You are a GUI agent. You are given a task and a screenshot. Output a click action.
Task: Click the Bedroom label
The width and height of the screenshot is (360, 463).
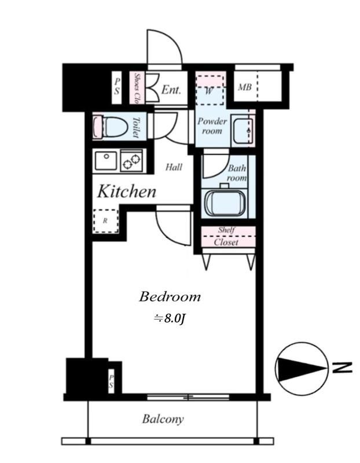click(x=170, y=296)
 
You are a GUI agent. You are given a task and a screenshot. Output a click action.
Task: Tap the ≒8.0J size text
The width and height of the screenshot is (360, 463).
click(x=170, y=318)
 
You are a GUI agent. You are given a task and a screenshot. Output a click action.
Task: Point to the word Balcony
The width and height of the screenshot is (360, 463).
click(x=163, y=418)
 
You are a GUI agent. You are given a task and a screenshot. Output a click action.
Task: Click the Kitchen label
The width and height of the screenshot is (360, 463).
click(x=127, y=191)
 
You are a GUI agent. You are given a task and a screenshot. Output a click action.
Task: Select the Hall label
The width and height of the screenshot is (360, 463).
click(x=174, y=167)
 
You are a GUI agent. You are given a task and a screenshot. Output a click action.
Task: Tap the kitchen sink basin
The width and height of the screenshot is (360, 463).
click(x=106, y=161)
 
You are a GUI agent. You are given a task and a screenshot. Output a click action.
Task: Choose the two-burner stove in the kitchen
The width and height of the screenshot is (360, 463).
click(x=131, y=161)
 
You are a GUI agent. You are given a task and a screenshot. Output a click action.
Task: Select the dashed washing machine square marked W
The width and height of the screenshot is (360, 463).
click(x=210, y=90)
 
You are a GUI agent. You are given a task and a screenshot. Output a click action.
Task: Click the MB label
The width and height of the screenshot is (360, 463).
click(x=245, y=87)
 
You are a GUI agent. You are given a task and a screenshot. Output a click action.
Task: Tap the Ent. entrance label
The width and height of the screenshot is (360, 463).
click(x=171, y=89)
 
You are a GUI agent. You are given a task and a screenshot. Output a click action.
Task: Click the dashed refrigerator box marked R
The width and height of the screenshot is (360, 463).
click(x=105, y=221)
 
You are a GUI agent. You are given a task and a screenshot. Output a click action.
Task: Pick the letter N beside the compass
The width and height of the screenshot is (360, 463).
click(x=342, y=367)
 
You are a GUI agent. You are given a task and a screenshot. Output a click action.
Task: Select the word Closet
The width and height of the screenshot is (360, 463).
click(x=226, y=242)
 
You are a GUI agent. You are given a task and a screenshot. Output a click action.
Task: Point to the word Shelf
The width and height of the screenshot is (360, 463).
click(x=226, y=230)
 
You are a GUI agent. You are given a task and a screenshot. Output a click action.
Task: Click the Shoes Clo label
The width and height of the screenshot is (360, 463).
click(x=137, y=88)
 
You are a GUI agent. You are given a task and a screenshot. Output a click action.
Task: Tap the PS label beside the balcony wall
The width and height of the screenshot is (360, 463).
click(x=111, y=381)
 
